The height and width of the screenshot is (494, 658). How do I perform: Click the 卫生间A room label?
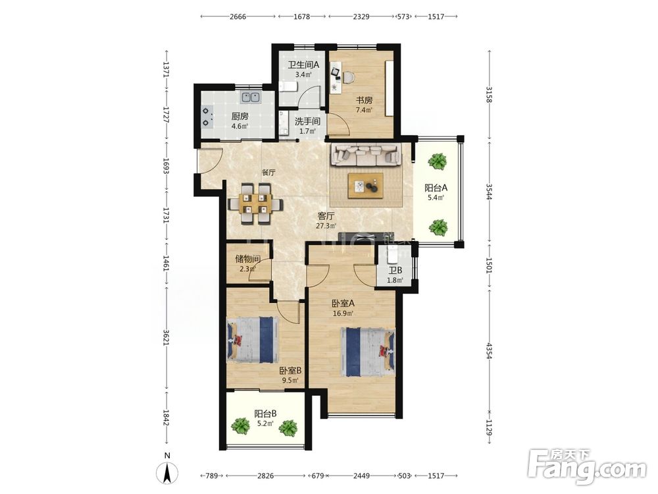(x=303, y=65)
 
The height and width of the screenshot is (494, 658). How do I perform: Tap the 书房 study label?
(x=365, y=100)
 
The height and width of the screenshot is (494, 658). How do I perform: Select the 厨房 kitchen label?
(x=240, y=117)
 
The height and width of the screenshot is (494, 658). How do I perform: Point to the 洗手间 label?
(x=307, y=121)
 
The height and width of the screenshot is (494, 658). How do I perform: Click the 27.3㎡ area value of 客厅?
(x=326, y=226)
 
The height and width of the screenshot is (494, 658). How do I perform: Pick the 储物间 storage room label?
(x=247, y=259)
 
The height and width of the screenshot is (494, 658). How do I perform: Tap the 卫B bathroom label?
(x=395, y=271)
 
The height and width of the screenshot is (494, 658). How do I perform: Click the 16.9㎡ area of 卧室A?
(x=343, y=313)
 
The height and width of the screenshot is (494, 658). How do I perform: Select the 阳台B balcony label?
(x=265, y=414)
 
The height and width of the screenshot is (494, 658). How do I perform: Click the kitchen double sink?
(x=251, y=97)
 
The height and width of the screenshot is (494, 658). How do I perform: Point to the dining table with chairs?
(x=255, y=204)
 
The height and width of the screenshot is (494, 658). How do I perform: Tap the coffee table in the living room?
(x=365, y=185)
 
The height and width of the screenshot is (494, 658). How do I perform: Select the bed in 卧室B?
(x=253, y=340)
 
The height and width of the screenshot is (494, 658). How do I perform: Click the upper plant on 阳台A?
(x=438, y=161)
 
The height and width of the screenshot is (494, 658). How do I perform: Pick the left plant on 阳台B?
(x=240, y=426)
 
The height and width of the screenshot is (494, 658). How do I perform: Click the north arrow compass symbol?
(x=167, y=472)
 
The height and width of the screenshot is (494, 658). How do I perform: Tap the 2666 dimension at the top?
(x=238, y=17)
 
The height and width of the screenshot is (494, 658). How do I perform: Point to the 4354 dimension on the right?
(x=488, y=351)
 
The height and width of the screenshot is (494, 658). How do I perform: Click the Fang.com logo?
(x=588, y=467)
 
